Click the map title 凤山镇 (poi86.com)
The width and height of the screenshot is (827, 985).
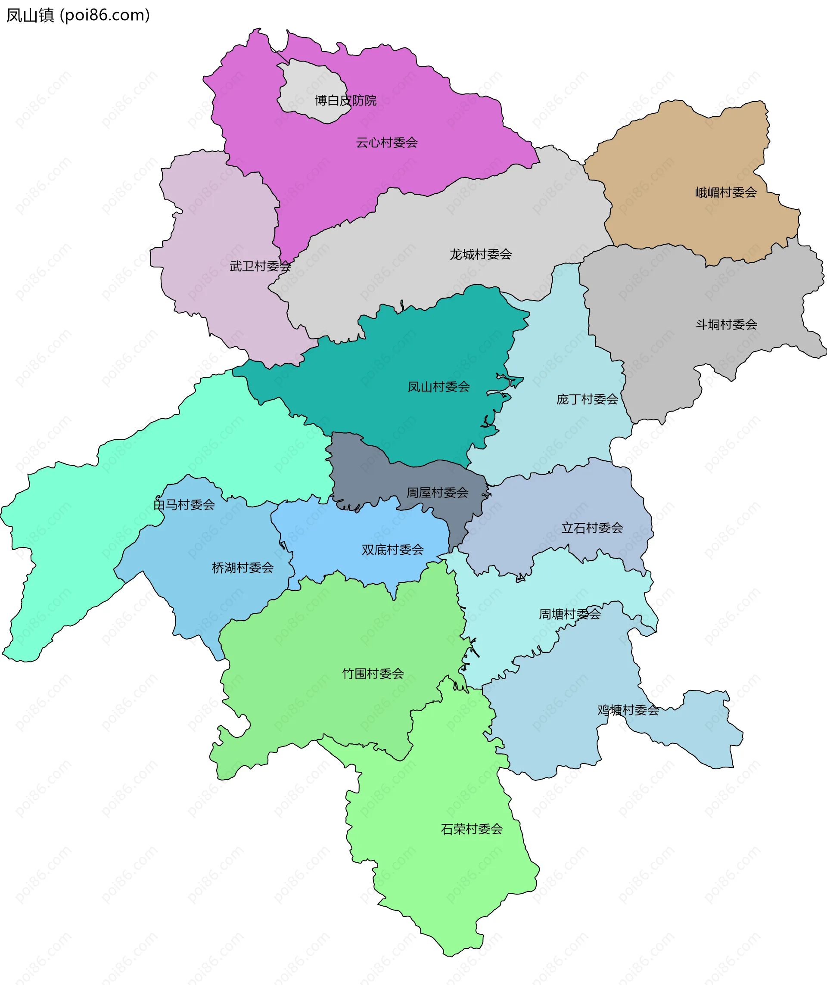tap(78, 16)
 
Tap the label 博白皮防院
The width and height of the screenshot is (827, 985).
tap(345, 100)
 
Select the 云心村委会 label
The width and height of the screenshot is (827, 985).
tap(386, 143)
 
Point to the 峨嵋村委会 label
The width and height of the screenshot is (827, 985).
tap(726, 193)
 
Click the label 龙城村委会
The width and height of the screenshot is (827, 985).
tap(480, 254)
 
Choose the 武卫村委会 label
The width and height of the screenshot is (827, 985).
tap(260, 267)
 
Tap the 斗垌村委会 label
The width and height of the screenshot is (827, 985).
tap(726, 324)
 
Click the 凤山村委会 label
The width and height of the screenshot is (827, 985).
tap(438, 386)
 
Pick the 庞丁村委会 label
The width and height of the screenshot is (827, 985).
tap(587, 399)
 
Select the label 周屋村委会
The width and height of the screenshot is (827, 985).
tap(437, 493)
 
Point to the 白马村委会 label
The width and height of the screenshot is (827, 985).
tap(184, 505)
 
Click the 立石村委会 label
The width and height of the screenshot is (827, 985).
tap(592, 528)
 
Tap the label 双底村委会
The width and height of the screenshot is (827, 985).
tap(393, 550)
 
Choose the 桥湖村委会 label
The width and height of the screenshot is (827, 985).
tap(243, 568)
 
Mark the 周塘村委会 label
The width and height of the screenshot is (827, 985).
tap(569, 614)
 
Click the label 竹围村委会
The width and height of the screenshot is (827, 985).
tap(373, 674)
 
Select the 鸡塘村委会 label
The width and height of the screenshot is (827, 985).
tap(628, 710)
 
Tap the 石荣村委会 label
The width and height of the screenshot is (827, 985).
tap(471, 829)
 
